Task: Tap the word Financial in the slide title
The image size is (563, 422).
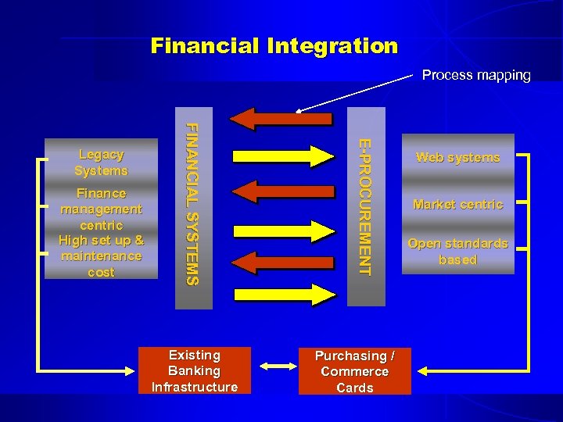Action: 206,46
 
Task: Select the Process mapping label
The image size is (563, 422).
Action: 475,76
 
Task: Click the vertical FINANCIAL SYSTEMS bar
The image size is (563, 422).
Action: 193,207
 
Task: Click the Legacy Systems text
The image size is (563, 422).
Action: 101,163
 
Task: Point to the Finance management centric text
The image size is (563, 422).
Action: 101,209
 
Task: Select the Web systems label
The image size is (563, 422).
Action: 457,158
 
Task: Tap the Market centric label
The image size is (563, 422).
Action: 457,205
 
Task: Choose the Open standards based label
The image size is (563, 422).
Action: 457,252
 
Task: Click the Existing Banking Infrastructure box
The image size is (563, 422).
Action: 195,371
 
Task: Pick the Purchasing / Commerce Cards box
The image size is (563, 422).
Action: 354,371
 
